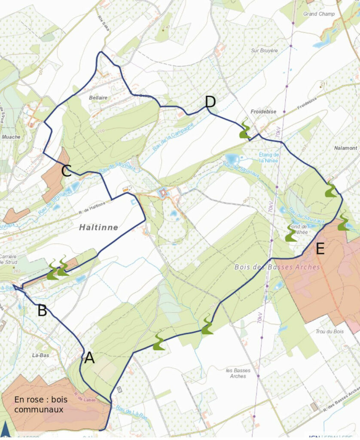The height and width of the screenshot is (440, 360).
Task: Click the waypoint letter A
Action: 89,357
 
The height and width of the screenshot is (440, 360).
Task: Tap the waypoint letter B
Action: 42,310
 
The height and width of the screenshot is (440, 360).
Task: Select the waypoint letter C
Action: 66,171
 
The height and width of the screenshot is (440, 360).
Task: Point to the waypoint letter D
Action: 210,102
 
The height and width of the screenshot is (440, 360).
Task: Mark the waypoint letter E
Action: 320,249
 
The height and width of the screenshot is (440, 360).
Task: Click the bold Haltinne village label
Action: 98,227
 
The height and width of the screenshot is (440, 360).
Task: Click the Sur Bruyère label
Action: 264,50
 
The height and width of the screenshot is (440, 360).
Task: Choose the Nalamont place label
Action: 345,148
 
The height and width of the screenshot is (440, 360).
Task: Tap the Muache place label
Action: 11,137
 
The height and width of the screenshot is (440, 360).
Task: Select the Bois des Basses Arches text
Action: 277,267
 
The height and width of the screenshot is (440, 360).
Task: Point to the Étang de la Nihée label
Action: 269,158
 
